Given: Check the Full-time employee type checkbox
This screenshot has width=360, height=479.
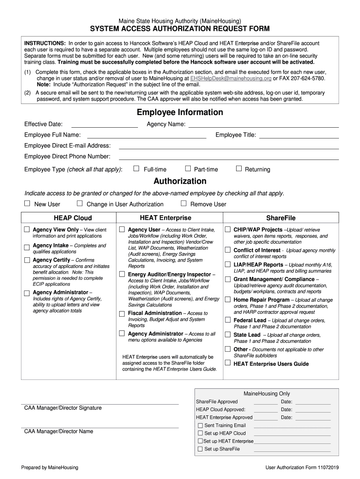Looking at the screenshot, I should click(137, 168).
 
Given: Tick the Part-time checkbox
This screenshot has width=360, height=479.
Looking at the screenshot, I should click(188, 168).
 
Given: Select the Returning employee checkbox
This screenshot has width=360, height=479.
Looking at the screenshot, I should click(239, 168).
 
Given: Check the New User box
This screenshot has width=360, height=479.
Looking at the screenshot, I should click(27, 203).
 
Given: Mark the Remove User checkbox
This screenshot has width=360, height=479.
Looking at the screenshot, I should click(184, 203).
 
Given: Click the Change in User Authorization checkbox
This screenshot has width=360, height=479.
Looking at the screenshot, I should click(79, 203).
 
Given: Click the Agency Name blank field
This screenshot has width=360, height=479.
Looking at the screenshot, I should click(263, 125).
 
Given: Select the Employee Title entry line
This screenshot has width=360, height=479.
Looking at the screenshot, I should click(299, 136).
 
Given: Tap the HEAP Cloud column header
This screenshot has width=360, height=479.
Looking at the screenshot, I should click(72, 218).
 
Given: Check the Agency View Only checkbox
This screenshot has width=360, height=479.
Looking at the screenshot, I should click(27, 229).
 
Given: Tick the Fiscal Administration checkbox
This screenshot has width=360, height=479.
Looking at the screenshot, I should click(122, 313).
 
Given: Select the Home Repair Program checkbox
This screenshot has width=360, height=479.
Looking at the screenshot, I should click(227, 299).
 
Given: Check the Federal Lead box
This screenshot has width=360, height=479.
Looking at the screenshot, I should click(227, 320).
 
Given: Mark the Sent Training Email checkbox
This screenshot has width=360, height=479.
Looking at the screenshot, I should click(200, 426).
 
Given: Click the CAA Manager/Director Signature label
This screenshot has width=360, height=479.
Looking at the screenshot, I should click(63, 408).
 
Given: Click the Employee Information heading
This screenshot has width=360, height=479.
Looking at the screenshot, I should click(180, 112).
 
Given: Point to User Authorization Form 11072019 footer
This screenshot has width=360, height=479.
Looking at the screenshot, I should click(302, 467).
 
